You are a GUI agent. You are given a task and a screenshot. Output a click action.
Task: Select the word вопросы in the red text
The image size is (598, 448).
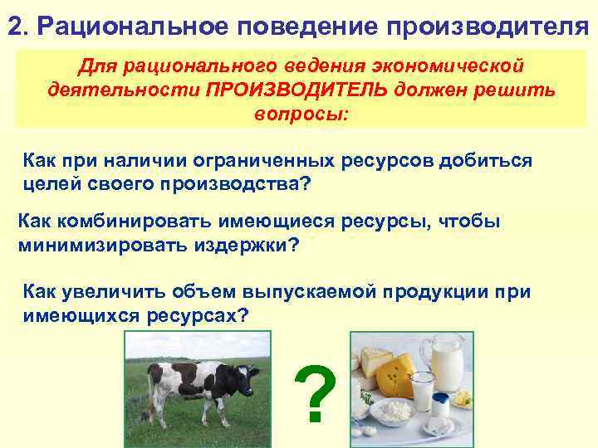coord(301,112)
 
